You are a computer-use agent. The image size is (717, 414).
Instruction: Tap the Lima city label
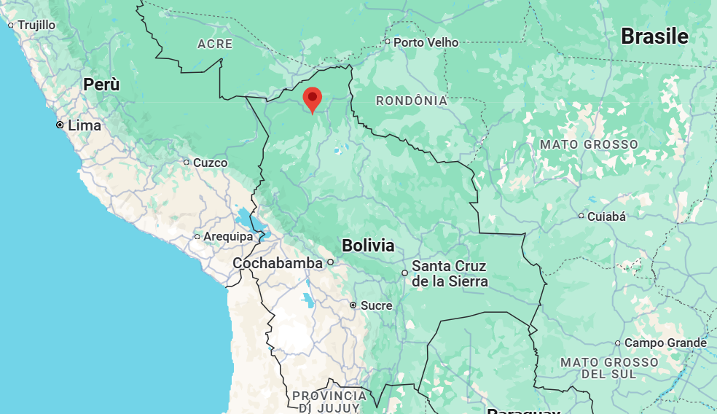[85, 125]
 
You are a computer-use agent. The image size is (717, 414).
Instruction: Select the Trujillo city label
[36, 25]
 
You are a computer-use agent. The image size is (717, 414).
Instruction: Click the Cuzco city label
[210, 163]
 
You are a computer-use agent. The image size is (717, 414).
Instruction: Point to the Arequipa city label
[228, 236]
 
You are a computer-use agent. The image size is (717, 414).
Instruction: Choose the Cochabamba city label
[278, 262]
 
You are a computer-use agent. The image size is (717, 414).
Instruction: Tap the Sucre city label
[376, 305]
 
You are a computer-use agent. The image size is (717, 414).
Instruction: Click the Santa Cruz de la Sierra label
[449, 273]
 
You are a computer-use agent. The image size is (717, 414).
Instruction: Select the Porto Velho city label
[426, 42]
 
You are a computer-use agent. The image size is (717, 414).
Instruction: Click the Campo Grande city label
[665, 343]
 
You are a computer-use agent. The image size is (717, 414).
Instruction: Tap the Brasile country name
[654, 36]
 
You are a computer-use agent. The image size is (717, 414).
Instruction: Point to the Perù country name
[101, 84]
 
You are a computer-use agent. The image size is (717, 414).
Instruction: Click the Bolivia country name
[368, 245]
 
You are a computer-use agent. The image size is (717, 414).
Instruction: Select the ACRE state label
[215, 44]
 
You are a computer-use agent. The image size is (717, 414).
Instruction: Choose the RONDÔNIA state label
[411, 101]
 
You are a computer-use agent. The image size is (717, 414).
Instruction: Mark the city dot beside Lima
[60, 125]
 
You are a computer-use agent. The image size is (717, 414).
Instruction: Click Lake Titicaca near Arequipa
[244, 217]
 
